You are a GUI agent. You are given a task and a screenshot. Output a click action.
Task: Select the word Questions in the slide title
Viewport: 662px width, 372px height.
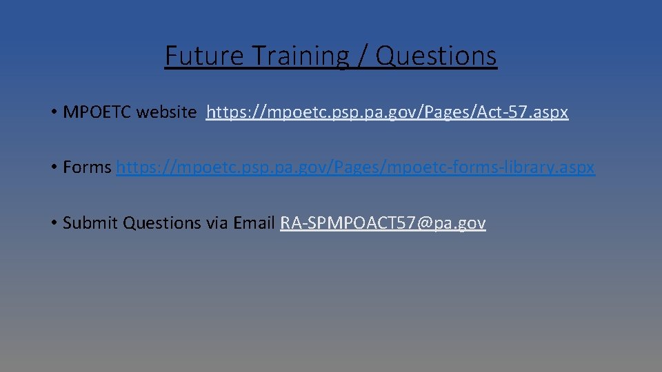437,56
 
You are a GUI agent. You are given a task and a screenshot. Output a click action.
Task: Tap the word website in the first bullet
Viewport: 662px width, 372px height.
166,112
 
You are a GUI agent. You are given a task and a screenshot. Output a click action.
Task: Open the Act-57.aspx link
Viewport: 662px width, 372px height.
387,112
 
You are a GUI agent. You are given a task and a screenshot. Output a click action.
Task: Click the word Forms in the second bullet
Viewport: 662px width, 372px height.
87,167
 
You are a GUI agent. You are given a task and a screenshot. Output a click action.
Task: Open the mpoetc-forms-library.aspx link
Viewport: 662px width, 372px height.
355,167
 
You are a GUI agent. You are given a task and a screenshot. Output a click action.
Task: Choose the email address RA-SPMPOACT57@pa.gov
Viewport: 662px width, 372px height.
383,223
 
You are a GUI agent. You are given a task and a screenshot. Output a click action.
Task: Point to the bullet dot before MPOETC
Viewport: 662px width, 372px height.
53,112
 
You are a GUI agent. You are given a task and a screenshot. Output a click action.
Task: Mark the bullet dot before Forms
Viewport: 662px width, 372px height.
53,167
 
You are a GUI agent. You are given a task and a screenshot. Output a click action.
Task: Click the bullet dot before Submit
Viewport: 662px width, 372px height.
53,223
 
